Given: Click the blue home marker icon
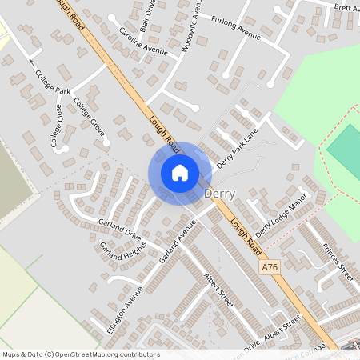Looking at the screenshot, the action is click(180, 173).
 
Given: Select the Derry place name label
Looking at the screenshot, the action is click(220, 194).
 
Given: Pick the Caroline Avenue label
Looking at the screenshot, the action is click(143, 41).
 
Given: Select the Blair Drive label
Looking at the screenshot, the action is click(148, 14).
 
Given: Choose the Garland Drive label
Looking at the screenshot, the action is click(119, 228).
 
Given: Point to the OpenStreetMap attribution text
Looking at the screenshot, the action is click(81, 354).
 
